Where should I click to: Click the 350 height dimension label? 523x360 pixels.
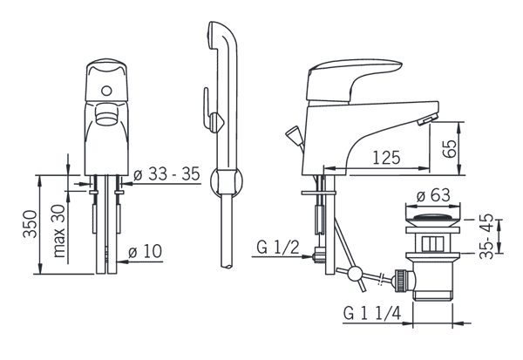pos(30,223)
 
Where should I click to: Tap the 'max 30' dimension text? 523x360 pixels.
pos(59,231)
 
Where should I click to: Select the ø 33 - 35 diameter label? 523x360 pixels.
pos(166,173)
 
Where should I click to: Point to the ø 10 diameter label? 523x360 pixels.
pos(145,251)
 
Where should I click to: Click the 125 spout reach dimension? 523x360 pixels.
pos(386,157)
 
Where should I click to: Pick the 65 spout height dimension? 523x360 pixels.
pos(449,149)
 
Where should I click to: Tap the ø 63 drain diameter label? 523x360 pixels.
pos(433,195)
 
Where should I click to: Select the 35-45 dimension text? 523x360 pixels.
pos(486,235)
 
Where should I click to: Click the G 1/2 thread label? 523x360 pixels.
pos(278,248)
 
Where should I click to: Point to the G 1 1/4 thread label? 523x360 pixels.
pos(372,313)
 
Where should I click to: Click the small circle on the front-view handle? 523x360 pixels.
pos(106,91)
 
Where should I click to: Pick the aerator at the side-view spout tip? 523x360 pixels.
pos(427,119)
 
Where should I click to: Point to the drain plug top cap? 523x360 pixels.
pos(432,220)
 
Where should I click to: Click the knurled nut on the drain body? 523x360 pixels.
pos(401,281)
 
